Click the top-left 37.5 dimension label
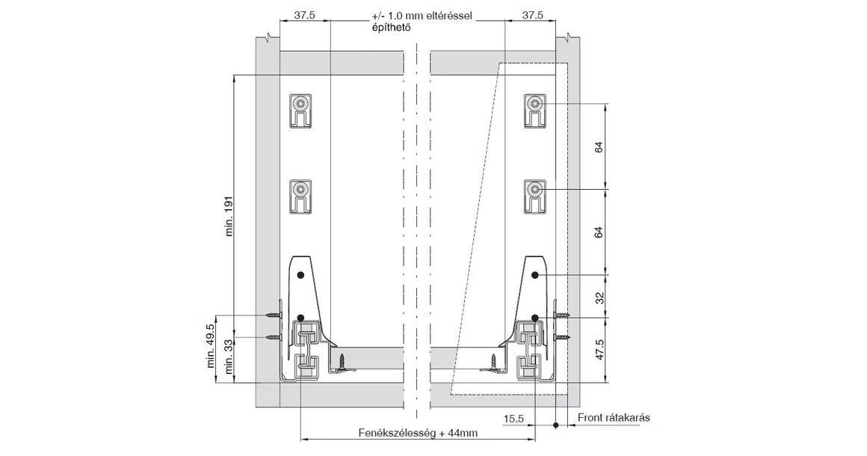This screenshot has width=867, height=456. [304, 15]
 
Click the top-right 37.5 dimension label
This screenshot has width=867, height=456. [532, 15]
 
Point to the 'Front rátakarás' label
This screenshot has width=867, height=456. [613, 417]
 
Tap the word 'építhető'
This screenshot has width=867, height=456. [391, 27]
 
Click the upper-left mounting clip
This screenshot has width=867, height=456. [302, 111]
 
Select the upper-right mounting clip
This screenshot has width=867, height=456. [534, 111]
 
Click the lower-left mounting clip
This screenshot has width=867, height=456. [302, 197]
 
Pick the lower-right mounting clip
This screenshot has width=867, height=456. [534, 197]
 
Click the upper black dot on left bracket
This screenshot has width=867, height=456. [300, 275]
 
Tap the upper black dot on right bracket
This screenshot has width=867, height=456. [535, 275]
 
